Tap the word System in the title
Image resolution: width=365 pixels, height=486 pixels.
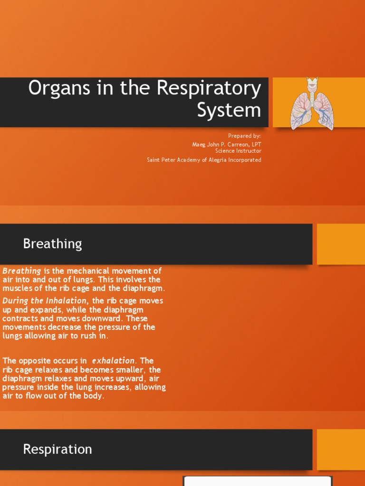pyautogui.click(x=229, y=110)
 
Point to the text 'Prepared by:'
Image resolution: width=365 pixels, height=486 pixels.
pyautogui.click(x=244, y=136)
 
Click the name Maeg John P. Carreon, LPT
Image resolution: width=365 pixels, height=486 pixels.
pyautogui.click(x=226, y=144)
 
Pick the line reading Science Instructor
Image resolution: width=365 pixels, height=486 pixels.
pyautogui.click(x=238, y=151)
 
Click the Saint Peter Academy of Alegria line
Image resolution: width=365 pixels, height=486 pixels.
pyautogui.click(x=204, y=160)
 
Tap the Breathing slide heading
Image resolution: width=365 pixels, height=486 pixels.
pyautogui.click(x=52, y=244)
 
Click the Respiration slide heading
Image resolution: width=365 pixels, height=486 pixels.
pyautogui.click(x=58, y=449)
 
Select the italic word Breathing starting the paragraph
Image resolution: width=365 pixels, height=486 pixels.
pyautogui.click(x=22, y=271)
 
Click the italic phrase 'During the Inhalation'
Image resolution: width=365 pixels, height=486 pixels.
pyautogui.click(x=45, y=301)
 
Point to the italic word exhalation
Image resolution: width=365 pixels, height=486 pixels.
pyautogui.click(x=114, y=361)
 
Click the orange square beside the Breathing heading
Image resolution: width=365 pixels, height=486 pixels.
pyautogui.click(x=341, y=244)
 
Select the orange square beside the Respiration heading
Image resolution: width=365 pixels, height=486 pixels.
pyautogui.click(x=341, y=449)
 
